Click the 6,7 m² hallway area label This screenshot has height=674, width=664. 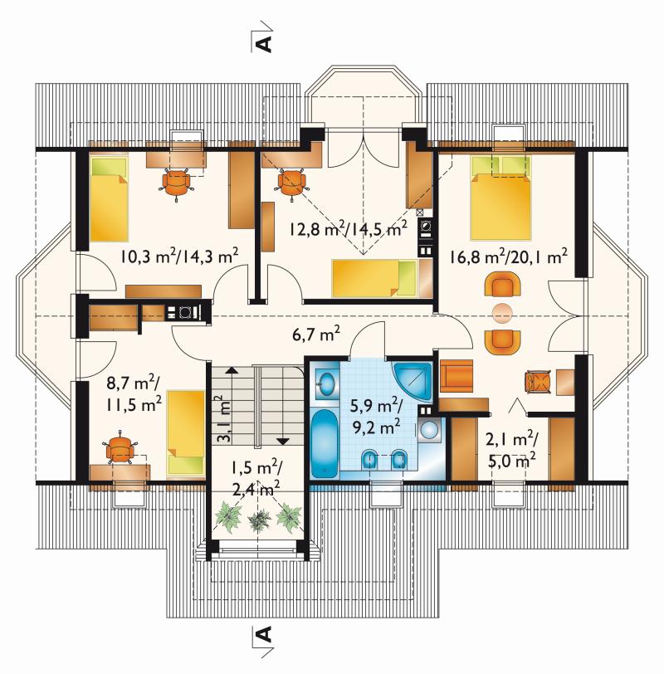[x=316, y=333]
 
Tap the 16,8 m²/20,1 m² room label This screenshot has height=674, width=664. [x=509, y=256]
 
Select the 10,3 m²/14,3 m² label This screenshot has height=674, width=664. [x=179, y=256]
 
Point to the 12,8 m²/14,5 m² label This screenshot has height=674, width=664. [x=348, y=229]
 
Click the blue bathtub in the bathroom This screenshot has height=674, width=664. [x=324, y=443]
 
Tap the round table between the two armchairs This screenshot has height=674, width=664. [x=502, y=313]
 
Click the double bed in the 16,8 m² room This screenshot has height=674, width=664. [x=500, y=198]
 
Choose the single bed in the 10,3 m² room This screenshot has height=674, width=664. [x=110, y=198]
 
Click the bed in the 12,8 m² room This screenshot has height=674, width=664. [x=374, y=278]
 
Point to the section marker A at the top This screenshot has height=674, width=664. [x=263, y=42]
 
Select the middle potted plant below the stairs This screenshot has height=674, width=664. [x=259, y=520]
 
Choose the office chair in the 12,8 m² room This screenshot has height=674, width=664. [x=292, y=183]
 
